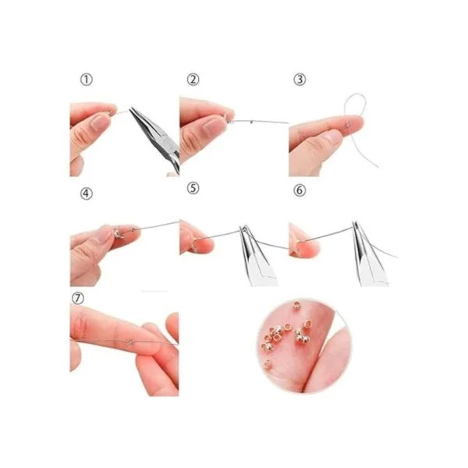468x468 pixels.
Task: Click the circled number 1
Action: [x=87, y=80]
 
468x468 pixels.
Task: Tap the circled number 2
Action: [x=193, y=80]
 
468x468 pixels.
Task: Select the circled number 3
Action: [x=300, y=80]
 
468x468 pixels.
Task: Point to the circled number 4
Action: [x=87, y=193]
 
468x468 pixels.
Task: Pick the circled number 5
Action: [x=193, y=188]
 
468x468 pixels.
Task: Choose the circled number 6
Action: [x=300, y=190]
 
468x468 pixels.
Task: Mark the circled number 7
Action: [x=78, y=298]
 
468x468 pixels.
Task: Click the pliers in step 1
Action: [x=155, y=137]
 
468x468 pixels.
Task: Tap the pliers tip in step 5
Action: [x=243, y=227]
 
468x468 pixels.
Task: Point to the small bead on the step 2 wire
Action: [x=252, y=122]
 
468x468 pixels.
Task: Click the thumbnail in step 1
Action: [x=100, y=122]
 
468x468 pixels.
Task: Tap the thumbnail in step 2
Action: [x=211, y=126]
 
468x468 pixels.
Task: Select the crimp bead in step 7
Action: [x=129, y=342]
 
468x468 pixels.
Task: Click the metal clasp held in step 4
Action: [x=116, y=232]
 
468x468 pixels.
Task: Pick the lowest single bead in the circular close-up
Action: [x=268, y=364]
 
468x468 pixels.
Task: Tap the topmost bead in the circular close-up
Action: [x=296, y=305]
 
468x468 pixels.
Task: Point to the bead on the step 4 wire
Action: [x=133, y=229]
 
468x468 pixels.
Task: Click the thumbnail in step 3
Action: [x=333, y=136]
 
